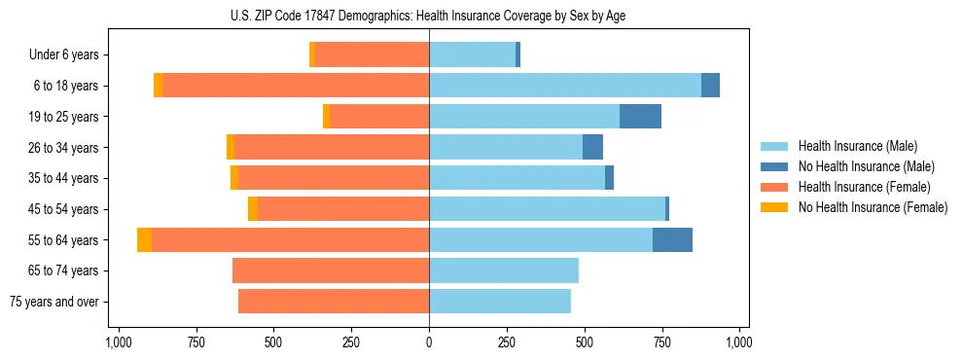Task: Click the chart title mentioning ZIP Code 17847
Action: (x=429, y=16)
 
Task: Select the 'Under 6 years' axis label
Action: (x=64, y=54)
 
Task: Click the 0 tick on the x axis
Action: (x=429, y=342)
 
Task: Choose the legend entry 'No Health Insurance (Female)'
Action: (x=873, y=207)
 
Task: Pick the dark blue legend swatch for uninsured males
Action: (x=775, y=166)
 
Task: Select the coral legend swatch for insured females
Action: (x=775, y=187)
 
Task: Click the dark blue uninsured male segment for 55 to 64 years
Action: (x=672, y=240)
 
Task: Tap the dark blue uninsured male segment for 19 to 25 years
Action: (x=640, y=117)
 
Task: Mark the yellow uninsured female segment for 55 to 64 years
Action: (x=144, y=240)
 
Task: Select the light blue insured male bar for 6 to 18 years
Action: (x=564, y=86)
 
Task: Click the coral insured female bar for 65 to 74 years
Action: (x=331, y=270)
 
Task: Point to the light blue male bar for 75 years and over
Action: (x=500, y=302)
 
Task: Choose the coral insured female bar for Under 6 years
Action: (x=372, y=54)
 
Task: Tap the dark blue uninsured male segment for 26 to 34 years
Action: (x=592, y=147)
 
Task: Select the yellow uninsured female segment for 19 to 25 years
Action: (x=326, y=117)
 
